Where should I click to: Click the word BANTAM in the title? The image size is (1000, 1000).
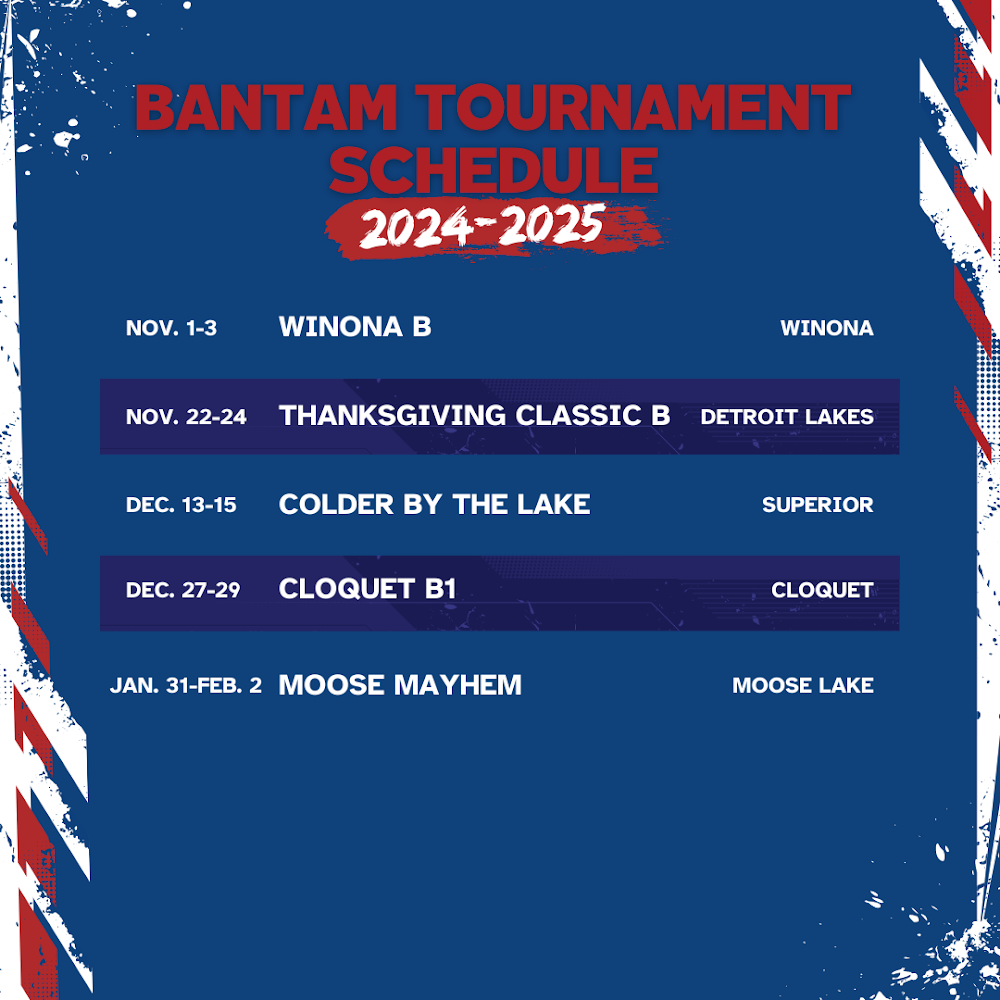(x=266, y=108)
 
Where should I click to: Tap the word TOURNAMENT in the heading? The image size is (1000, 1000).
(x=637, y=108)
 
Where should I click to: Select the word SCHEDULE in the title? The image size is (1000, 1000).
(x=493, y=170)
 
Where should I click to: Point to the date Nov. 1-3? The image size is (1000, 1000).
(x=172, y=328)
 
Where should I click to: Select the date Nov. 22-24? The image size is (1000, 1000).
(x=186, y=416)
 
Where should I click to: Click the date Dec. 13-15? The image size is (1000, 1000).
(x=181, y=504)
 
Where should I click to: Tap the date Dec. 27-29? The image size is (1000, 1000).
(x=183, y=590)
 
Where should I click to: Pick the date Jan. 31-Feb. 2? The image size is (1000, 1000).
(x=186, y=685)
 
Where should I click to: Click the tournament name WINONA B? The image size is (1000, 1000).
(x=355, y=327)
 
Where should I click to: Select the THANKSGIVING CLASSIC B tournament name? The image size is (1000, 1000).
(x=474, y=415)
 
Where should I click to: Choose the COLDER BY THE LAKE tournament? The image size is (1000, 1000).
(x=434, y=504)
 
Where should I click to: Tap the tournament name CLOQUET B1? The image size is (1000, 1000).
(x=367, y=589)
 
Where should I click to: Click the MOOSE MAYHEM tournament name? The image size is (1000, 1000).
(x=401, y=685)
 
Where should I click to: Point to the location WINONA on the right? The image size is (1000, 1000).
(x=827, y=328)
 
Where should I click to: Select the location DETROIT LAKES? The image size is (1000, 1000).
(x=787, y=416)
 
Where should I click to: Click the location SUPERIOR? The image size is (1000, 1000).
(x=818, y=504)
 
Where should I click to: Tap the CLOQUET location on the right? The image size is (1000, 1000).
(x=822, y=590)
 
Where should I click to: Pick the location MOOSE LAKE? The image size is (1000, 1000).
(x=803, y=685)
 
